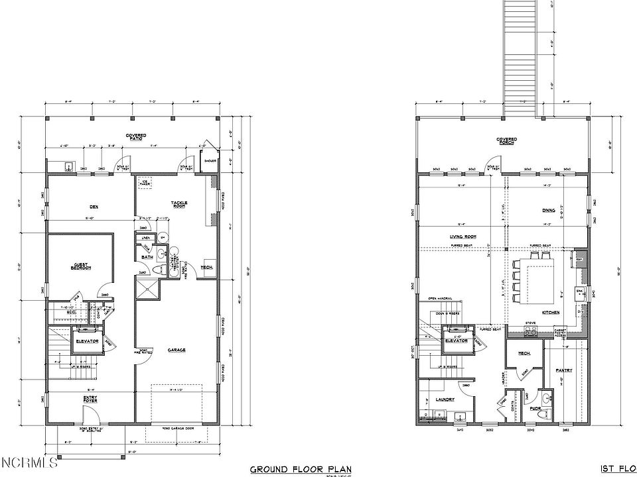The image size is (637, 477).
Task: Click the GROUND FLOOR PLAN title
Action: (301, 470)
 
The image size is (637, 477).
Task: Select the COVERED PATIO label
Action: (137, 136)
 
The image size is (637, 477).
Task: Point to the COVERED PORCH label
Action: (507, 140)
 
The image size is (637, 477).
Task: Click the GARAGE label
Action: (176, 350)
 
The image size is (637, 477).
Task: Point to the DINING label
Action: (548, 211)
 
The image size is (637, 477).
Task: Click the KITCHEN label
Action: (551, 312)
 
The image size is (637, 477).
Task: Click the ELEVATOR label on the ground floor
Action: (86, 342)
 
